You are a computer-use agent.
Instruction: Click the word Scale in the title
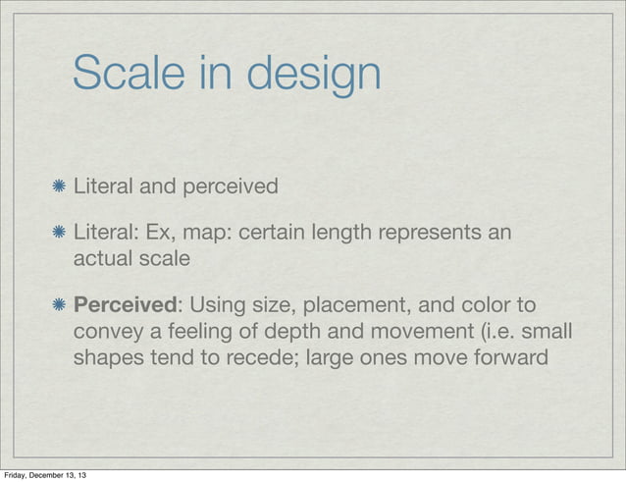click(x=131, y=73)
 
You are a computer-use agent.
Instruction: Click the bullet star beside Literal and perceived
click(x=60, y=186)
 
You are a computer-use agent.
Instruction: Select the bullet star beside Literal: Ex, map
click(x=60, y=235)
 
